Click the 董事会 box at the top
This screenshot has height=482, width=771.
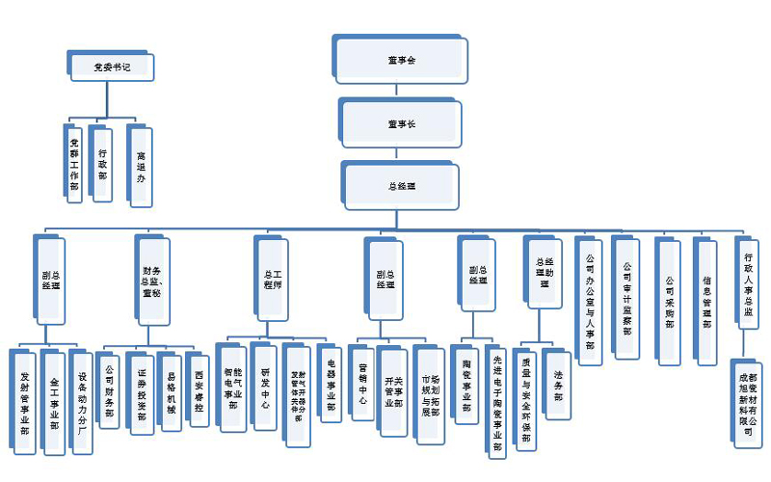(x=400, y=60)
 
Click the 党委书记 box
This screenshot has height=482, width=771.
(x=112, y=67)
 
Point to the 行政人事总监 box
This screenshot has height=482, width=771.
(x=749, y=280)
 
